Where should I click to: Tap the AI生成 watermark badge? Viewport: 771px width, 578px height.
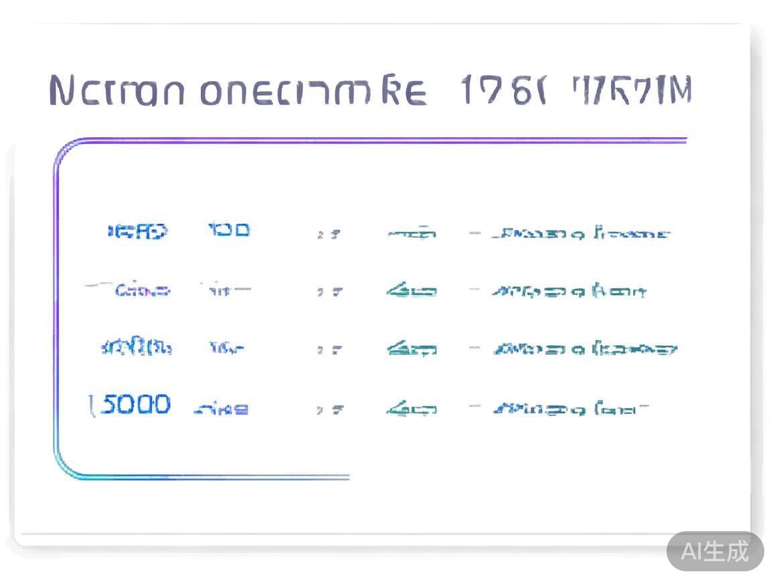tap(715, 551)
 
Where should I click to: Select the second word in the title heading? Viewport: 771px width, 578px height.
tap(313, 92)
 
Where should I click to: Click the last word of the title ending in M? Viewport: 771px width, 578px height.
tap(632, 90)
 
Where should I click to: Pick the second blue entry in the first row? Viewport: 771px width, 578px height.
tap(229, 231)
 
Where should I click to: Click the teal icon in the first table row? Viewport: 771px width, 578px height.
tap(412, 233)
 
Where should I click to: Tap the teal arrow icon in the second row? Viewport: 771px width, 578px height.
tap(412, 291)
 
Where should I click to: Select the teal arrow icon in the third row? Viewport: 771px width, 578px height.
tap(412, 349)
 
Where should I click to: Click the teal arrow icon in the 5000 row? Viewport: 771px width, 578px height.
tap(412, 407)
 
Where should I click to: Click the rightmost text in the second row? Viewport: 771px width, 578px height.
tap(569, 291)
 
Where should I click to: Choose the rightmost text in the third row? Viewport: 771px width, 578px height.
tap(584, 349)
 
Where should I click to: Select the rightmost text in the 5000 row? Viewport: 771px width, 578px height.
tap(570, 407)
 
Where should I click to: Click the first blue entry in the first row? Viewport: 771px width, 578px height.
tap(138, 231)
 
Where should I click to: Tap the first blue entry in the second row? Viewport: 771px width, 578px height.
tap(141, 290)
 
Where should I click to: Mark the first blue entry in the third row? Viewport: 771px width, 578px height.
tap(137, 348)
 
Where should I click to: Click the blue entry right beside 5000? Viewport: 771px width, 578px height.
tap(222, 408)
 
